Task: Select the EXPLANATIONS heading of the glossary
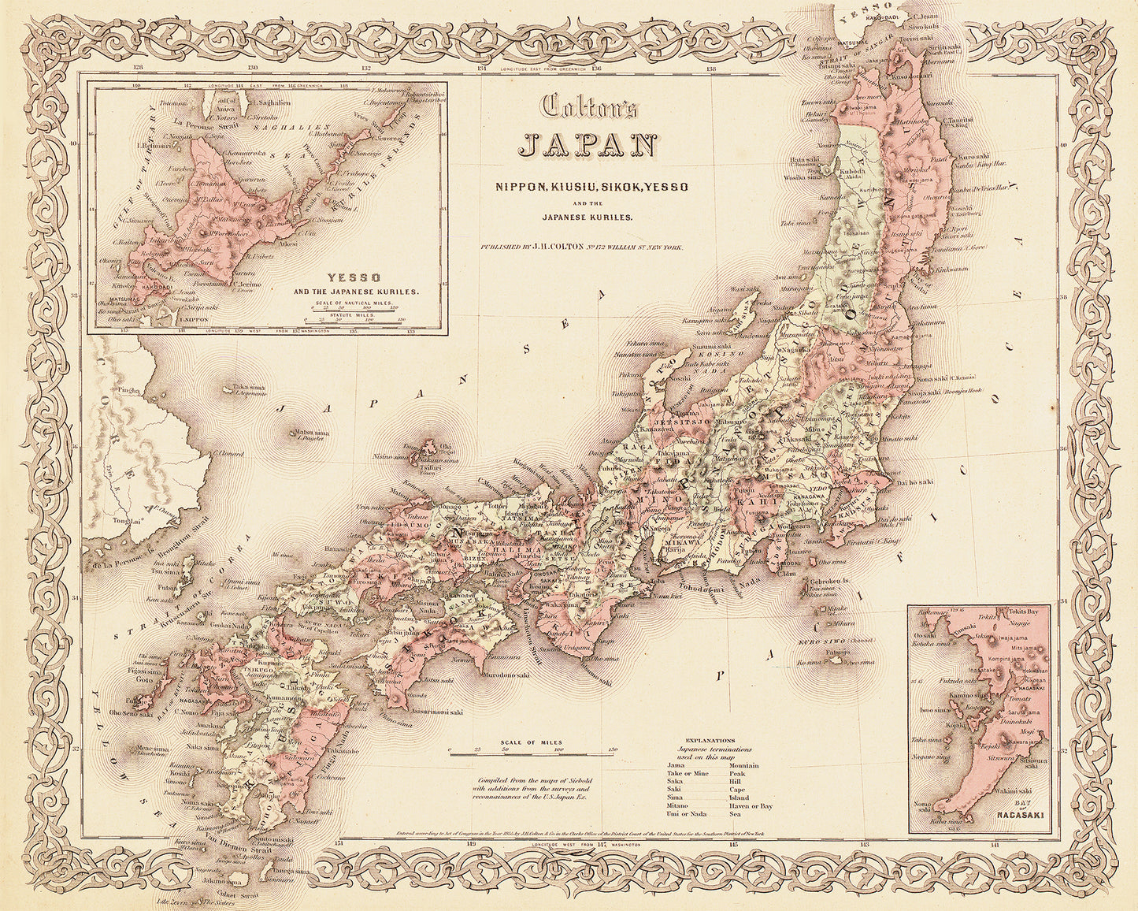click(710, 741)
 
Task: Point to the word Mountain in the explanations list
click(744, 765)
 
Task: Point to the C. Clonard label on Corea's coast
click(228, 454)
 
